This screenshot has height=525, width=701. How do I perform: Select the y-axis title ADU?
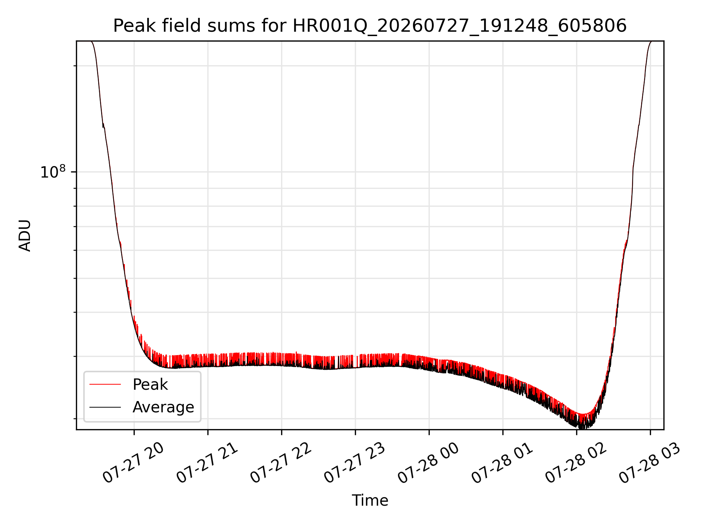click(25, 236)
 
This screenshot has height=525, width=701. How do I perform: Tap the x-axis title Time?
click(370, 500)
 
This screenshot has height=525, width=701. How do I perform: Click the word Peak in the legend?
click(150, 384)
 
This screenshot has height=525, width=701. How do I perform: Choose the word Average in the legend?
click(163, 407)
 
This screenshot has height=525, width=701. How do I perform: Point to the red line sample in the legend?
click(105, 384)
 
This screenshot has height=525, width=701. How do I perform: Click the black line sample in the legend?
click(105, 407)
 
